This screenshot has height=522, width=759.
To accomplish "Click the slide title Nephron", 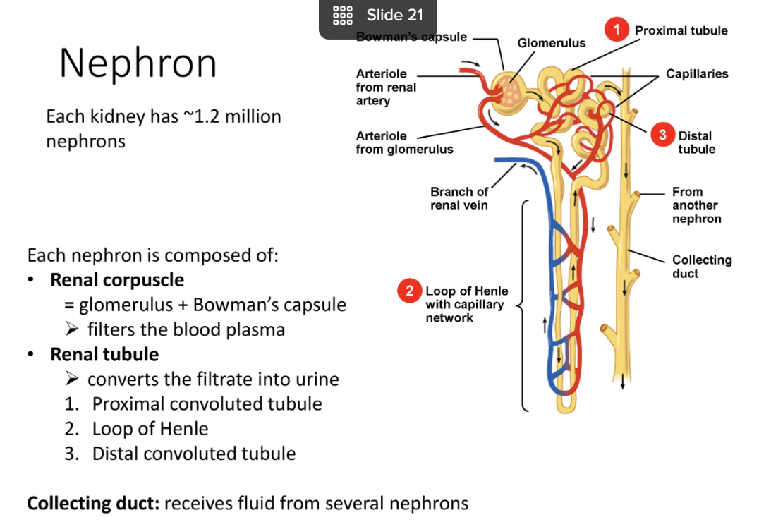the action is (138, 63).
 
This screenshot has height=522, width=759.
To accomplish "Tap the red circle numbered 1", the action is (617, 31).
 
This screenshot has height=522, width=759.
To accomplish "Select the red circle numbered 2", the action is (409, 291).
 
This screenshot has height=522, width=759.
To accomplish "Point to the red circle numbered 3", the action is (662, 135).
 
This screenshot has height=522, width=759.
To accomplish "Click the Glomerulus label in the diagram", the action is (551, 43).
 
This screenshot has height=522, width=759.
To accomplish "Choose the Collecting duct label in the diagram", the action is (701, 267).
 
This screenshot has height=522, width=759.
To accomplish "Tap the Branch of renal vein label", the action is (459, 198).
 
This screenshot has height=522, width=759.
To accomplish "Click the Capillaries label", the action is (697, 73).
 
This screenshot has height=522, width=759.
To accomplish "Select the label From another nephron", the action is (696, 205).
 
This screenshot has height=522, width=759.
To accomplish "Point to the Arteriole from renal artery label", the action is (386, 87).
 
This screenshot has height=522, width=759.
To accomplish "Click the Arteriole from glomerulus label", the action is (404, 142).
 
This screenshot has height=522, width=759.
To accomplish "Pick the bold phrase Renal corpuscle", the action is (117, 280).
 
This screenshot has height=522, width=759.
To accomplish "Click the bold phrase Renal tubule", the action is (104, 354).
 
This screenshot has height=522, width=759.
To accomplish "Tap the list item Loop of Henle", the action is (150, 429).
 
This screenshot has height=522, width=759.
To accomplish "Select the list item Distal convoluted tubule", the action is (193, 454).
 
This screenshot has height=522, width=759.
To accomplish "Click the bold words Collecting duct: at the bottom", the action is (93, 504).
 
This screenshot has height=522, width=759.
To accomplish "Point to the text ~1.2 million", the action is (232, 116).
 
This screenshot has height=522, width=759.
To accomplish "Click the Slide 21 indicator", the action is (379, 16).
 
